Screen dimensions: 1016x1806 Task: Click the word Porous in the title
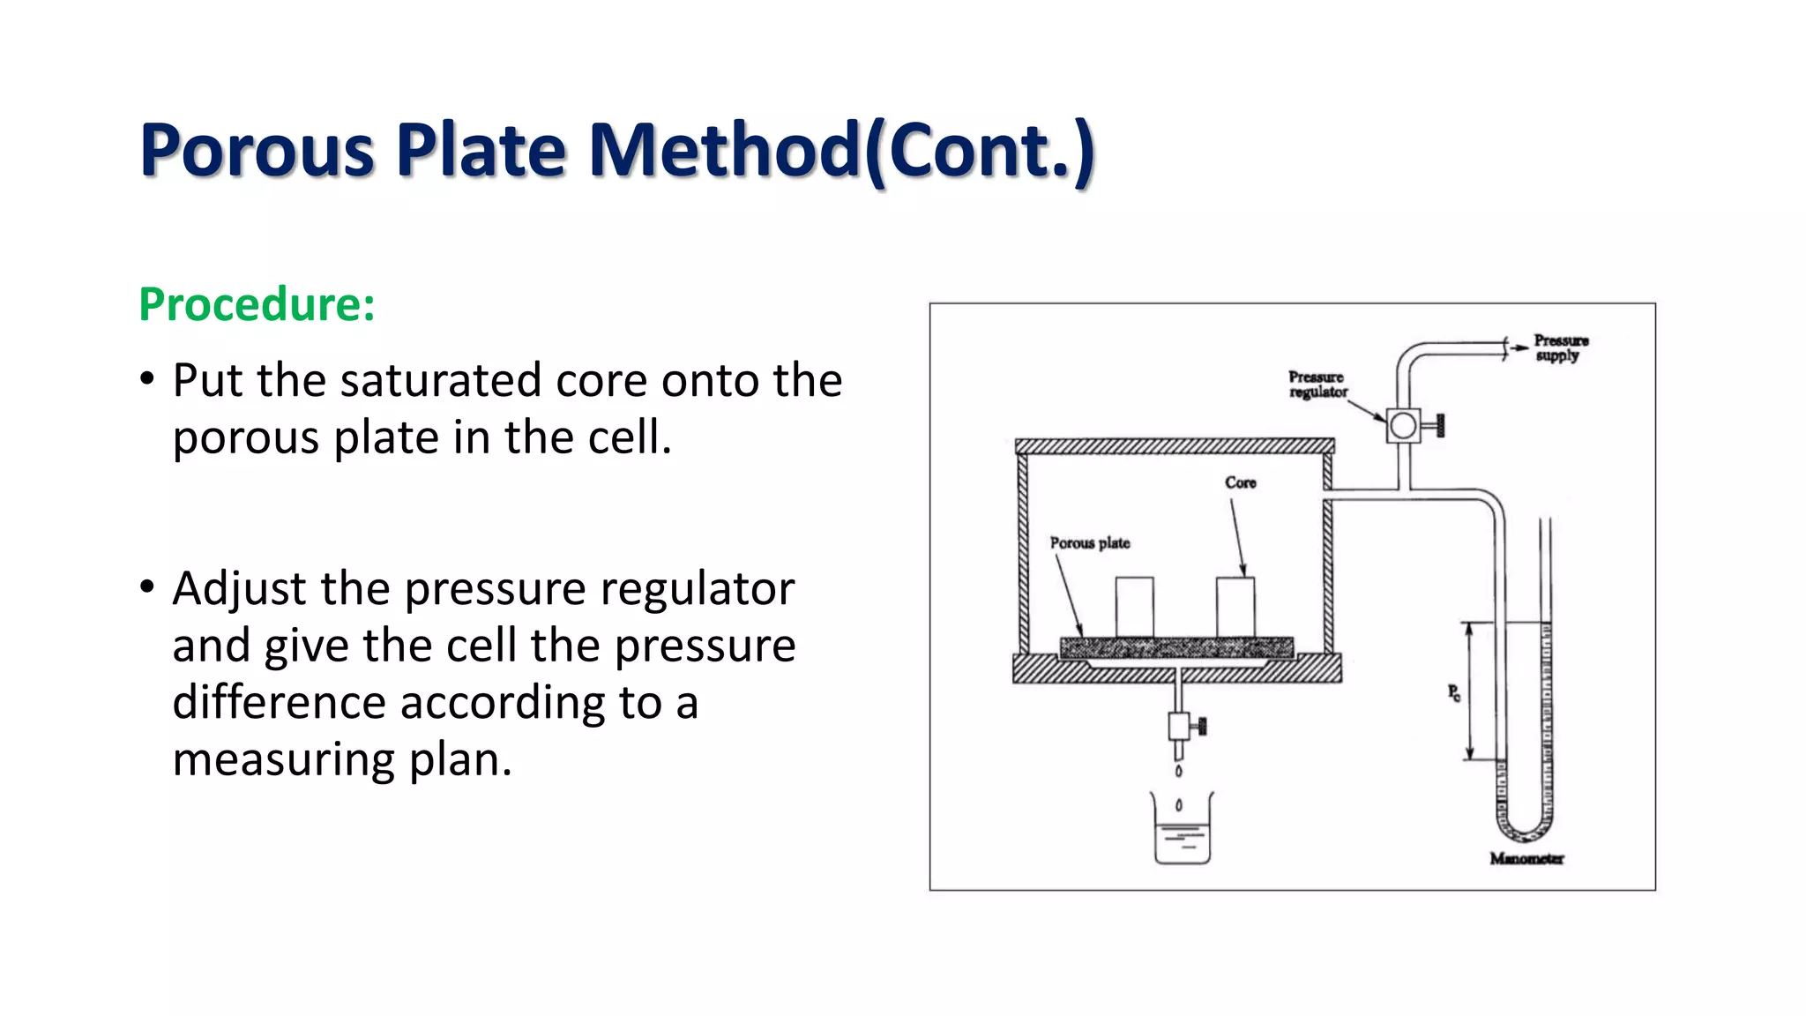pos(257,151)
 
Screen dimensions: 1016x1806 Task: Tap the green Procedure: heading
pos(257,304)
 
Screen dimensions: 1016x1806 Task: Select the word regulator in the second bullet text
pos(698,589)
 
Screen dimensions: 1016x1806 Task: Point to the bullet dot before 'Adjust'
pos(147,586)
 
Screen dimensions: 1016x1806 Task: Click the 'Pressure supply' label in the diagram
pos(1560,347)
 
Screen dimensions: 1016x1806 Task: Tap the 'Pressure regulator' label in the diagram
pos(1317,385)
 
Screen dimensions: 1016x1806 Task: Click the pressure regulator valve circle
pos(1402,426)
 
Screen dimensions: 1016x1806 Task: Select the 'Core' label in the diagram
pos(1240,482)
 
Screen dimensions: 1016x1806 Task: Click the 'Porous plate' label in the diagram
pos(1089,543)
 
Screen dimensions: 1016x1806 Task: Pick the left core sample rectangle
pos(1134,607)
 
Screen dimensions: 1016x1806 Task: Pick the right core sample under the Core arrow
pos(1235,607)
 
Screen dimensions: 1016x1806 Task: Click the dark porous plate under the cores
pos(1176,648)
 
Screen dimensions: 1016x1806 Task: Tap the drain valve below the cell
pos(1180,727)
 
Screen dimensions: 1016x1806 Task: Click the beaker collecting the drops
pos(1182,833)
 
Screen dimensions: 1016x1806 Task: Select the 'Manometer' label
pos(1526,859)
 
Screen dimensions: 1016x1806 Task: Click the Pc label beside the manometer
pos(1453,693)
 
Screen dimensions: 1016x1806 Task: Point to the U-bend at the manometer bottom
pos(1524,829)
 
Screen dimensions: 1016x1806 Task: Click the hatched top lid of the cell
pos(1174,446)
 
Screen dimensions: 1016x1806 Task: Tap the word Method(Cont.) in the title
pos(841,151)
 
